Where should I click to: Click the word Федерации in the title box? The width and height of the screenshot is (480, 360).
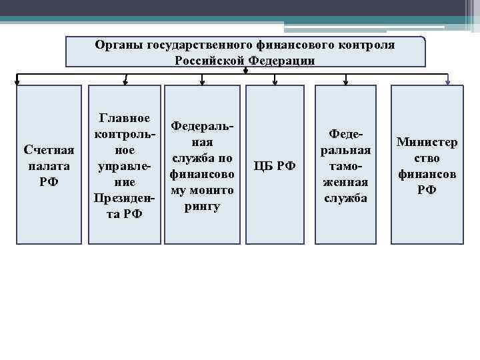tap(282, 60)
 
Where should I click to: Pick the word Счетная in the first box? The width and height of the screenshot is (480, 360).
tap(49, 149)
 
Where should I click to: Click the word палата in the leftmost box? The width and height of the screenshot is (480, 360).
tap(49, 165)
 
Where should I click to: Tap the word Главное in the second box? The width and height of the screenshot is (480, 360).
tap(124, 118)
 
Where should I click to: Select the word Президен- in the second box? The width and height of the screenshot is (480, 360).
tap(124, 198)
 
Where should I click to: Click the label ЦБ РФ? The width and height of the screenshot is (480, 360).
tap(275, 165)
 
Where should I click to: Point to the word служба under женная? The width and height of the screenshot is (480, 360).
tap(345, 198)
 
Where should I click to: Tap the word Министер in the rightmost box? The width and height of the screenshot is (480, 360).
tap(427, 142)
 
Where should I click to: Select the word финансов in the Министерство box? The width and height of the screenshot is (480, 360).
tap(427, 174)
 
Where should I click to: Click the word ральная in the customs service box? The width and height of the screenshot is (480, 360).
tap(345, 150)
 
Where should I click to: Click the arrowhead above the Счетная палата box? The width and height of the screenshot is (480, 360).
tap(18, 83)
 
